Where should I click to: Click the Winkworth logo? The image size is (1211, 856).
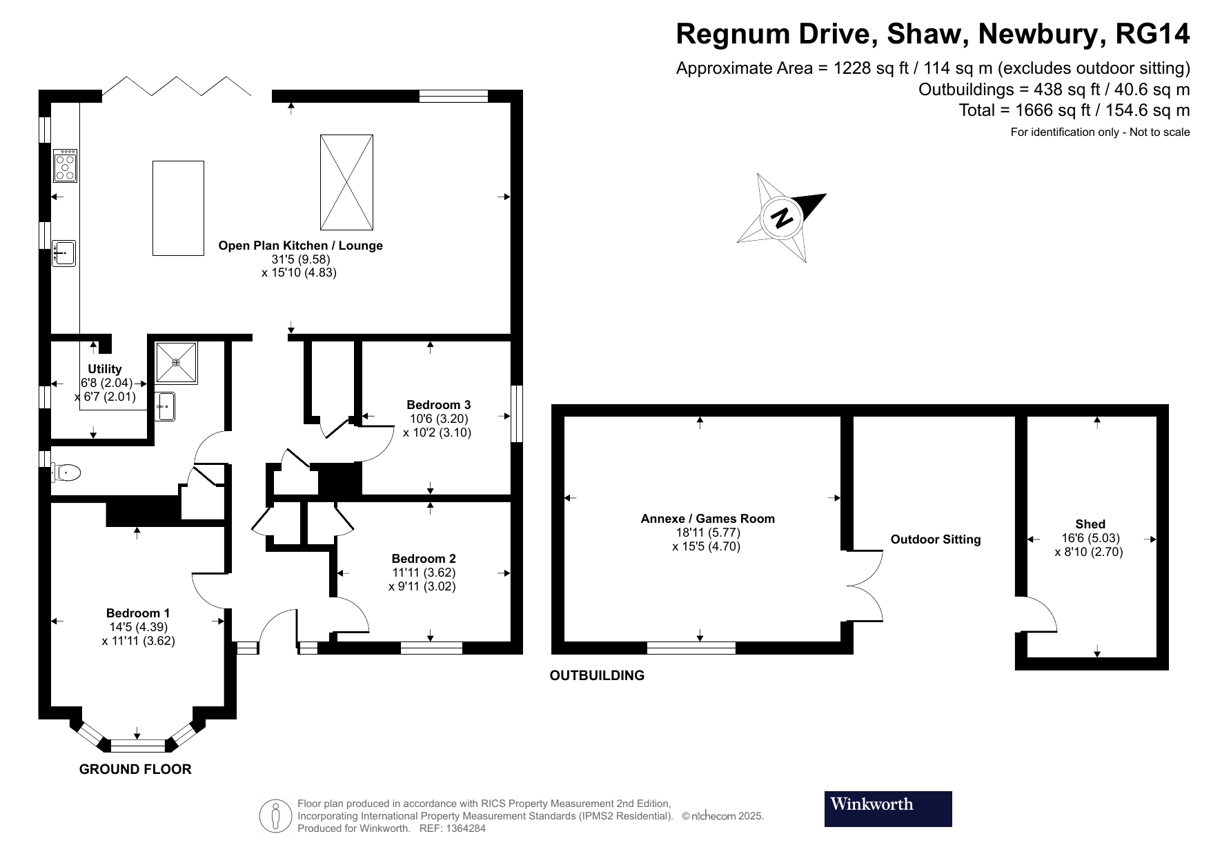(x=887, y=808)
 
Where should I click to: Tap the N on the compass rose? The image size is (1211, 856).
(x=782, y=218)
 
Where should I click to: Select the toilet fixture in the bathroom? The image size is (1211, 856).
(x=67, y=473)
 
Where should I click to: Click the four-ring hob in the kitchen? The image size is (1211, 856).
(x=66, y=166)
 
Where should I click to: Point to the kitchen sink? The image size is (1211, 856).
(x=64, y=253)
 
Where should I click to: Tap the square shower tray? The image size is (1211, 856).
(x=177, y=362)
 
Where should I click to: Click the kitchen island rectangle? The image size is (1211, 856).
(x=178, y=208)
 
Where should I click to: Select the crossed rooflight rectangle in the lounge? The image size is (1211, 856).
(x=346, y=182)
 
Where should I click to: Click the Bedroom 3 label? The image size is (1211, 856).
(x=438, y=405)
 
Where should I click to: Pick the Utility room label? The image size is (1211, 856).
(x=105, y=369)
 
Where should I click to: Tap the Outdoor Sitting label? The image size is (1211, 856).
(x=935, y=539)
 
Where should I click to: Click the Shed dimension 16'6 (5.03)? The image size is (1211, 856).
(x=1090, y=538)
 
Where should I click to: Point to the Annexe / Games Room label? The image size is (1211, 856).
(x=707, y=519)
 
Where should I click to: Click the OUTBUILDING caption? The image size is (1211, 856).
(x=597, y=676)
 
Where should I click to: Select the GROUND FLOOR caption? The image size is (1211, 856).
(x=135, y=769)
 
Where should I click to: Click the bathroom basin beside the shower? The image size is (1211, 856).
(x=165, y=406)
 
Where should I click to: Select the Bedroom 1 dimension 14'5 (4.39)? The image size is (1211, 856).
(x=138, y=627)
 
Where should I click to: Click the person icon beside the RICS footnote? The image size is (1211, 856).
(x=276, y=816)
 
